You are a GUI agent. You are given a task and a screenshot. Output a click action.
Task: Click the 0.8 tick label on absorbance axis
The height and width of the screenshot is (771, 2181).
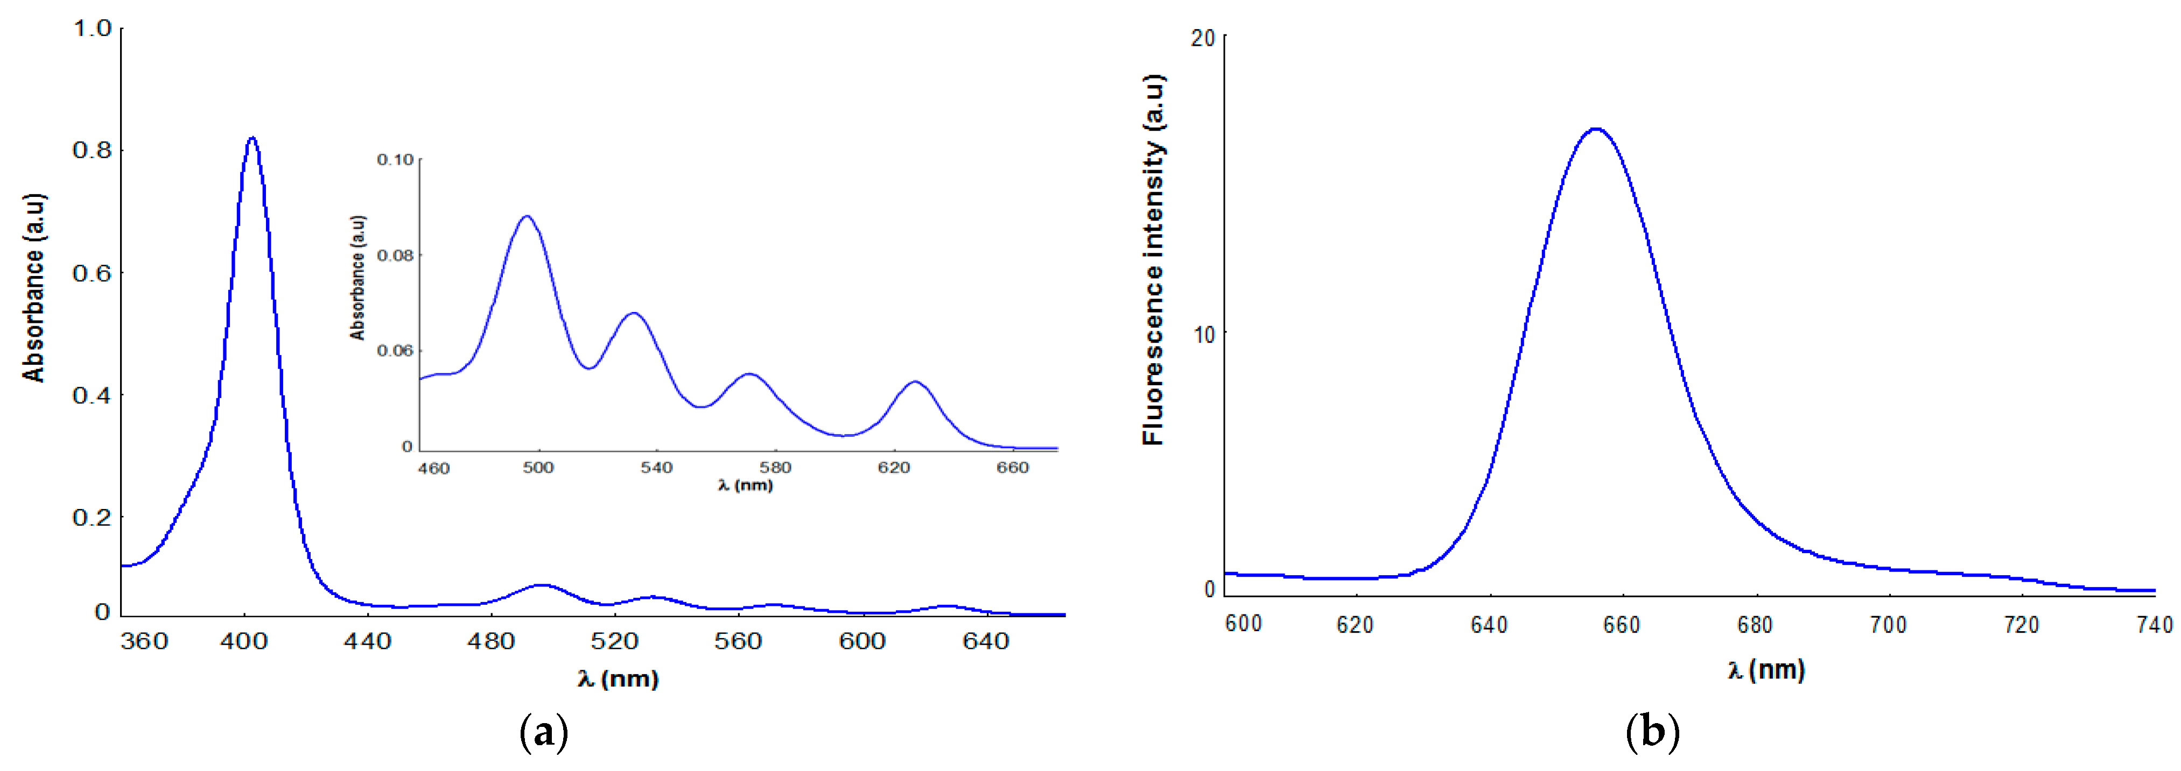click(92, 151)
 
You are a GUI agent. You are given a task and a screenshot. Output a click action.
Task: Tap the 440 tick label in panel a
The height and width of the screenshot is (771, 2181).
click(368, 641)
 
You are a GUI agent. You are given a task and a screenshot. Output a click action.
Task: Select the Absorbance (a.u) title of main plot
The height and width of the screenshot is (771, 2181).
click(34, 288)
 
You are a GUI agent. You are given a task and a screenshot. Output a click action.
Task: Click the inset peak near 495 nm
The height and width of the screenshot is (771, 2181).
click(527, 217)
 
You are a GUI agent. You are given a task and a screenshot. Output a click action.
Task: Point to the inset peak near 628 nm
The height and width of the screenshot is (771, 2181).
click(915, 383)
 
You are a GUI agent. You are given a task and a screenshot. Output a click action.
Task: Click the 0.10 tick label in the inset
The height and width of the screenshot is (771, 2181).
click(395, 159)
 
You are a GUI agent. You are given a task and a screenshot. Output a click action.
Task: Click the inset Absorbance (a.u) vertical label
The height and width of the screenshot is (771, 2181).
click(357, 278)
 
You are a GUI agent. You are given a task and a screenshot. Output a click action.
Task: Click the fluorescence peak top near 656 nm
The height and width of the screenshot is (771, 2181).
click(1596, 130)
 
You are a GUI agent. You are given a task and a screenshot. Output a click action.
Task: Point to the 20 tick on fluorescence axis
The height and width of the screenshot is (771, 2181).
click(1202, 38)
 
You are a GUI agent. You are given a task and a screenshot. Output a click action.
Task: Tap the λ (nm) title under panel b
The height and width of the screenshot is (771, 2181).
click(1766, 670)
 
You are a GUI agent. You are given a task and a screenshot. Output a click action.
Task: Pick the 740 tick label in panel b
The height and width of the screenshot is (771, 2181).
click(2155, 625)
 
